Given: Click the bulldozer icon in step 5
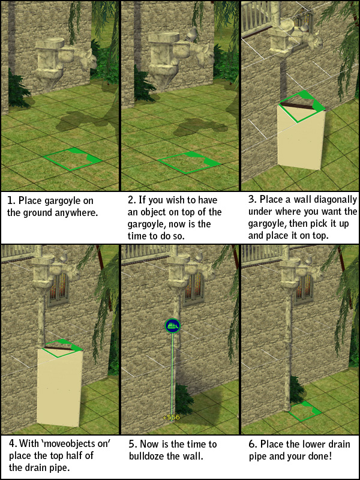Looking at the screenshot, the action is (172, 325).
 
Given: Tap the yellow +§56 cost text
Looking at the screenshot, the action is (172, 417).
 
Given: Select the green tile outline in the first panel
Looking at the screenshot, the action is (73, 159).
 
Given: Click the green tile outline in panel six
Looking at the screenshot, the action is (305, 411).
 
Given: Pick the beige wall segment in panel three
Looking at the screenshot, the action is (301, 137).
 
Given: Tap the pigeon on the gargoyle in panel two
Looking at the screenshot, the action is (192, 34).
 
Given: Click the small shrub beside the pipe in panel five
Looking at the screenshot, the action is (184, 398).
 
